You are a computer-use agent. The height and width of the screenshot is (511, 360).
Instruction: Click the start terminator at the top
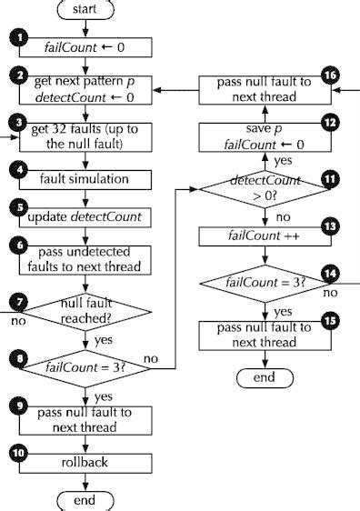point(85,9)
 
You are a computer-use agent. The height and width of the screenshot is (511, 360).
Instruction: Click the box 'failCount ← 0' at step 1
point(85,47)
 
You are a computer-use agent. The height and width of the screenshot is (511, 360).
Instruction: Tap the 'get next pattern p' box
point(85,89)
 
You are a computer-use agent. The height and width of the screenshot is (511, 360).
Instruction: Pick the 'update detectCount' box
point(85,219)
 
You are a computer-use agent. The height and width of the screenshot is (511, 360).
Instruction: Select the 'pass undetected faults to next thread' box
point(85,258)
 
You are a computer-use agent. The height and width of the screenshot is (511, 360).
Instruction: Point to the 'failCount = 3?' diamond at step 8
point(85,368)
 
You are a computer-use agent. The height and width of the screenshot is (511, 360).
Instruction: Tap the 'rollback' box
point(85,463)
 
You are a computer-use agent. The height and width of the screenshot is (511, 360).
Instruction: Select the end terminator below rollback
point(85,501)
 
